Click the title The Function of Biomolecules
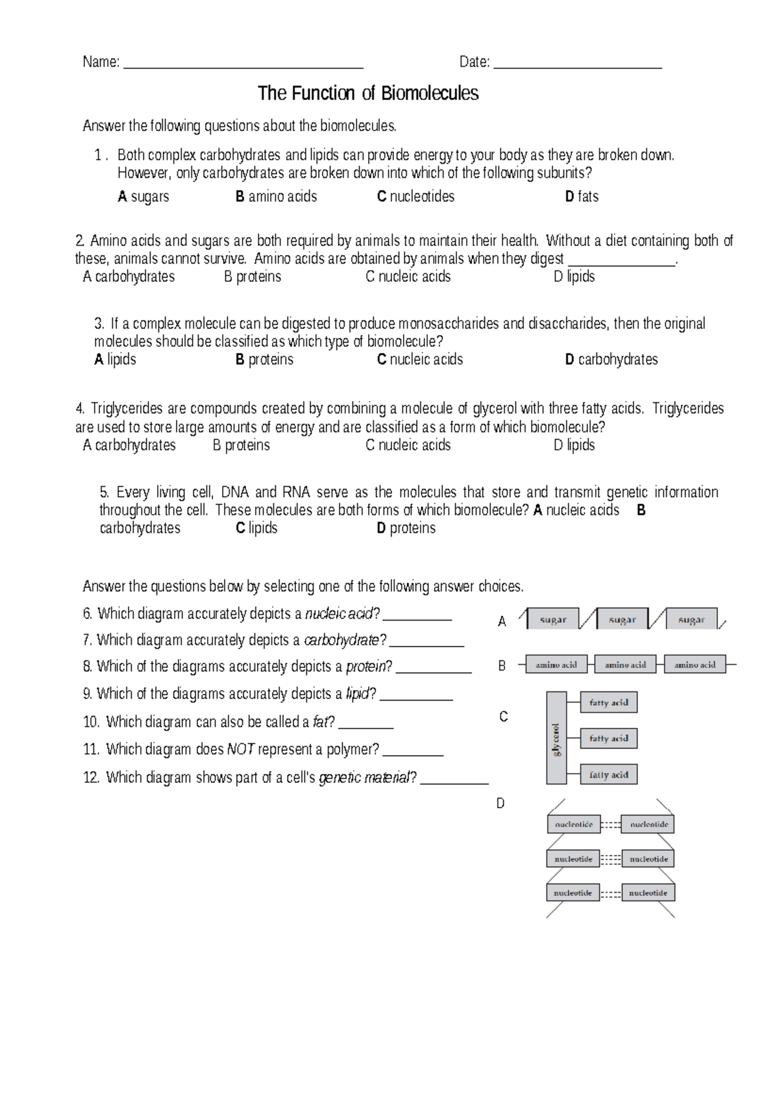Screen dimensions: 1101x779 367,93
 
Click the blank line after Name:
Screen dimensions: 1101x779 243,66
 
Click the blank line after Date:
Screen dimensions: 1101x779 577,66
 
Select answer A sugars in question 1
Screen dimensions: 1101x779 143,197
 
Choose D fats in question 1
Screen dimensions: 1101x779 582,197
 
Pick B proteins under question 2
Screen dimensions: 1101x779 253,277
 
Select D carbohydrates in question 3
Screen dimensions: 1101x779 611,360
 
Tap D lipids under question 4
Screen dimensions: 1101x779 574,445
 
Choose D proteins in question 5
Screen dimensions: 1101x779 406,528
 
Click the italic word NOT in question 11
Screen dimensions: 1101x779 240,750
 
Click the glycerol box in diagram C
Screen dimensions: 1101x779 556,738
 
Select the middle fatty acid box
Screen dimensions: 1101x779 608,739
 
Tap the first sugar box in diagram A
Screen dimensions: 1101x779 553,620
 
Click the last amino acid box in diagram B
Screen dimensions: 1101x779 695,665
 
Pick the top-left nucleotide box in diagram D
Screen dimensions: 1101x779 573,824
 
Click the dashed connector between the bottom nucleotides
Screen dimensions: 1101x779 610,893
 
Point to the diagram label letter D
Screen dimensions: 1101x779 501,804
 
